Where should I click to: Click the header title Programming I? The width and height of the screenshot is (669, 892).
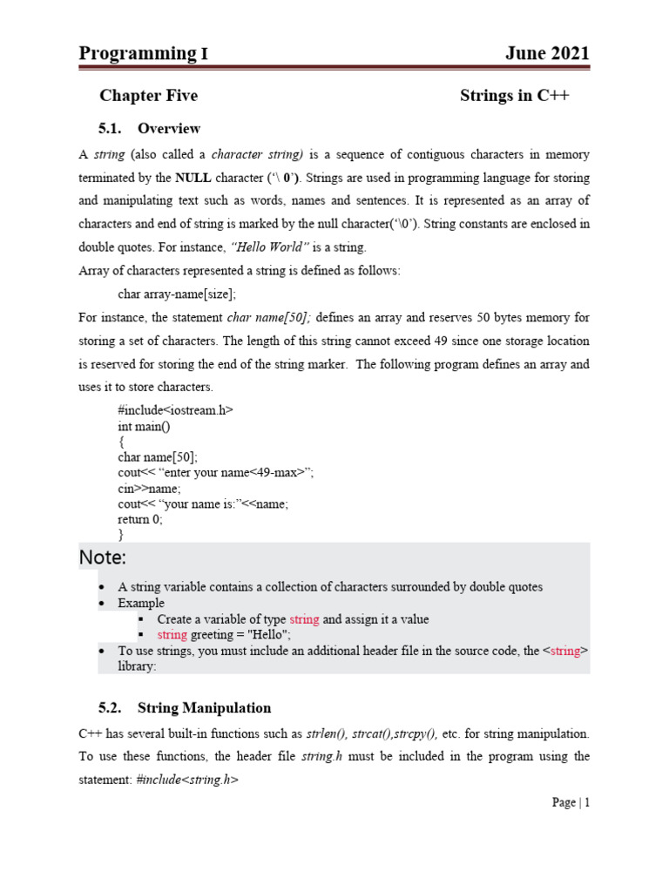pos(143,53)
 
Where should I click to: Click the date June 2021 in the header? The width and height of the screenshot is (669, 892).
pos(547,53)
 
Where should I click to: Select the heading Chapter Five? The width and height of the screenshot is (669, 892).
pos(148,96)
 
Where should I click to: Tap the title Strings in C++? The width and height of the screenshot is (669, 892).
pos(514,96)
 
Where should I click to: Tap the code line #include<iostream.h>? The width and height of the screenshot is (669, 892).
pos(175,409)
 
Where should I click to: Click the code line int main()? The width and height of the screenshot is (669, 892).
pos(144,426)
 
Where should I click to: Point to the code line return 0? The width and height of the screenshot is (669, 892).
pos(140,519)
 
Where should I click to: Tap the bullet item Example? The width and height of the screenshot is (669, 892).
pos(141,603)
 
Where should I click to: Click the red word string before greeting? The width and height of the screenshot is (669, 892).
pos(172,635)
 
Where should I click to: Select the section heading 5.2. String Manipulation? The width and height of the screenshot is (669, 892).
pos(185,708)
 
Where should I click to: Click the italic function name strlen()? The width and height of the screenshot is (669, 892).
pos(327,734)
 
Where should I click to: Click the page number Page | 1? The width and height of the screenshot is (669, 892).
pos(571,802)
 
